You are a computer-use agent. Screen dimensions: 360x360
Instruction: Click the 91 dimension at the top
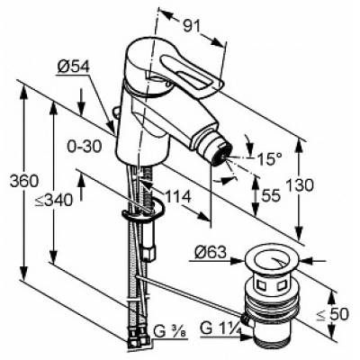[x=192, y=27]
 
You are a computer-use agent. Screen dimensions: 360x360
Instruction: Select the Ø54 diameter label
[x=74, y=67]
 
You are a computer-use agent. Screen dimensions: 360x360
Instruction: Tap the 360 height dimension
[x=24, y=181]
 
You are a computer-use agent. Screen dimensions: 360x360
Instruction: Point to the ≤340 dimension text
[x=53, y=200]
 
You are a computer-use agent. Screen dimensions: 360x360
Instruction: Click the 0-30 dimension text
[x=85, y=147]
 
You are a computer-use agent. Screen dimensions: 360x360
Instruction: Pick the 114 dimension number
[x=178, y=197]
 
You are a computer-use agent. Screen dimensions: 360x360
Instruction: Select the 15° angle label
[x=269, y=158]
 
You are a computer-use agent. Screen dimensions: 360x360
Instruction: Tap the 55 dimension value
[x=271, y=195]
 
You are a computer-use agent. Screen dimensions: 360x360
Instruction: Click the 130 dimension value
[x=300, y=184]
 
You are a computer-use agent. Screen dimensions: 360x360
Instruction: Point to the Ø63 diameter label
[x=211, y=253]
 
